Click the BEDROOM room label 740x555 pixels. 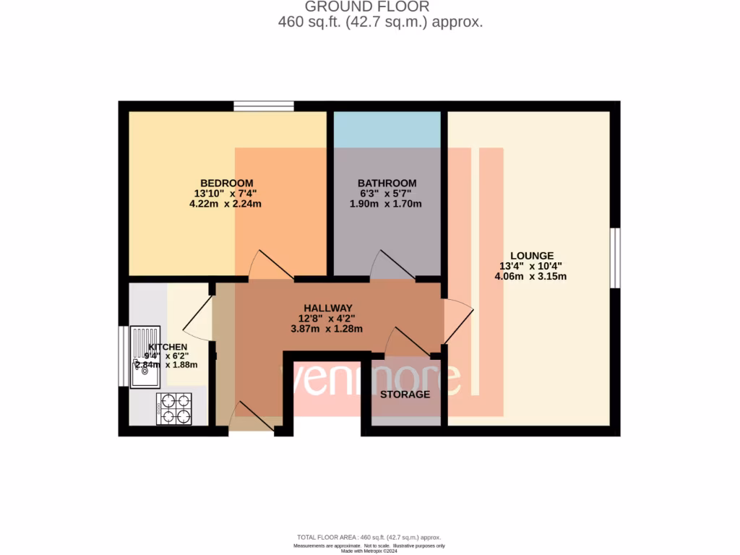226,182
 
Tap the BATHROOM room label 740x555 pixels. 387,183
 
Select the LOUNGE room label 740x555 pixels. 531,255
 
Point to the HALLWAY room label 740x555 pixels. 327,307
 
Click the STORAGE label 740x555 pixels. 405,394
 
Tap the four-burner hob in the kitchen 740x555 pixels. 174,408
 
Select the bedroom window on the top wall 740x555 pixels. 263,106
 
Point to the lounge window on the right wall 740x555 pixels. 614,258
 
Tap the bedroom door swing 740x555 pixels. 269,266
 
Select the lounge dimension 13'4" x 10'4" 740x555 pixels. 531,266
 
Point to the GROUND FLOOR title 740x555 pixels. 367,7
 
